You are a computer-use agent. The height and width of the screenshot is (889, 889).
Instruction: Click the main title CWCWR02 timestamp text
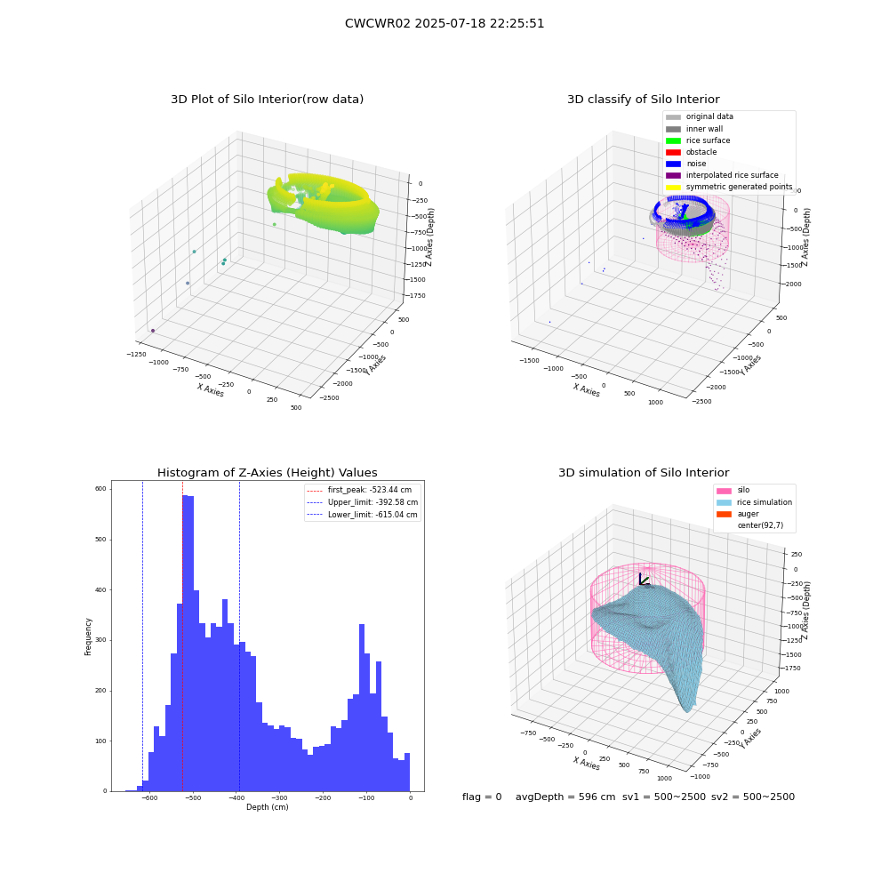click(444, 23)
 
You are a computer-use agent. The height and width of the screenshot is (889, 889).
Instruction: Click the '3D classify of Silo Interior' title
click(644, 100)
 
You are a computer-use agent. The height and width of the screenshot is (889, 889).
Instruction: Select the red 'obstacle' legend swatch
click(673, 152)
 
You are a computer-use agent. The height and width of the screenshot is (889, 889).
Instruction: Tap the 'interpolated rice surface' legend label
click(732, 175)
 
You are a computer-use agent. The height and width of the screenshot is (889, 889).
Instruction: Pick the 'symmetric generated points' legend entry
click(729, 187)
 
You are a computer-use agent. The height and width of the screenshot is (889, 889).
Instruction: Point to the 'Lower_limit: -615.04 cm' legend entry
click(363, 515)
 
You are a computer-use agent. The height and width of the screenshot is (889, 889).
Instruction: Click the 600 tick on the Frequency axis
click(101, 489)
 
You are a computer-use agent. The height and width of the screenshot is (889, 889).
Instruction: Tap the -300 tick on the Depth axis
click(279, 797)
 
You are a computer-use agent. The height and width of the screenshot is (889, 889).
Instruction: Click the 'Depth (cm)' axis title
click(267, 807)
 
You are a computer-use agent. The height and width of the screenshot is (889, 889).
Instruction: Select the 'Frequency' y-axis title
click(88, 637)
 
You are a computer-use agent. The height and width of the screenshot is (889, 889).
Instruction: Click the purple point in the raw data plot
click(153, 331)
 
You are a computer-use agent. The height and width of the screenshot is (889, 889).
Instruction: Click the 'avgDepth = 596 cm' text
click(565, 797)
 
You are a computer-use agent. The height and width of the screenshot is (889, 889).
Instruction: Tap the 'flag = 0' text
click(482, 797)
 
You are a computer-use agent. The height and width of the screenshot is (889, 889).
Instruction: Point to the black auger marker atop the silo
click(644, 580)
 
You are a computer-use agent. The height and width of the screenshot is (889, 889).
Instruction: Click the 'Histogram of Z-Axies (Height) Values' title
click(267, 473)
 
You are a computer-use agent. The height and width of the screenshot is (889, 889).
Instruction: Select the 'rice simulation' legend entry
click(754, 502)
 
